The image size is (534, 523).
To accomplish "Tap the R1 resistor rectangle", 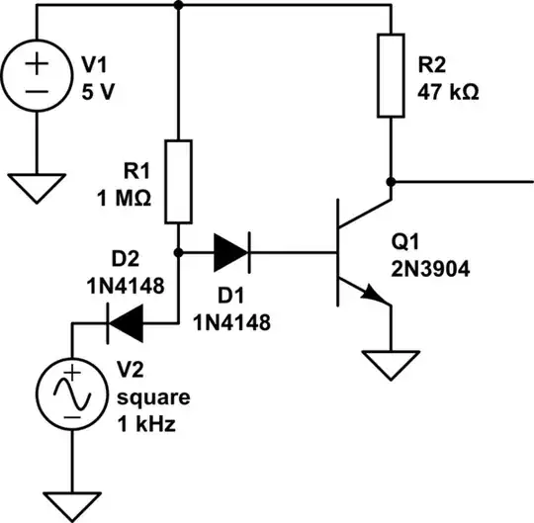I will point(179,181).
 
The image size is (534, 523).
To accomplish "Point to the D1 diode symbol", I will point(230,251).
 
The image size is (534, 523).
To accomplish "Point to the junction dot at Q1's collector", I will point(392,182).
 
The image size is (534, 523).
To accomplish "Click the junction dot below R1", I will point(179,251).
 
